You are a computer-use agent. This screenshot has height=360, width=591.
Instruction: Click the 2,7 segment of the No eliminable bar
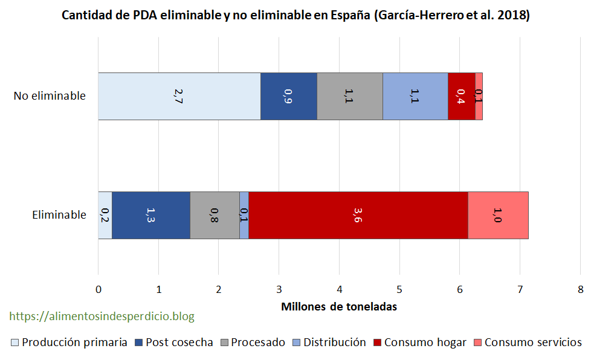click(x=179, y=96)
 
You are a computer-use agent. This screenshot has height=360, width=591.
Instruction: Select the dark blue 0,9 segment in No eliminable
click(x=288, y=96)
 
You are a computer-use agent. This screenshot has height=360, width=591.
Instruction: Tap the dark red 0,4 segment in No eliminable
click(x=461, y=96)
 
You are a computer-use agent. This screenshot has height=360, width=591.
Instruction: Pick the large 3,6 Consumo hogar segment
click(x=358, y=215)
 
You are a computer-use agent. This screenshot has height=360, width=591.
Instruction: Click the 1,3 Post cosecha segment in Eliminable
click(x=150, y=215)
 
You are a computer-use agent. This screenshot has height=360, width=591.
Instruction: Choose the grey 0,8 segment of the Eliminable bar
click(x=215, y=215)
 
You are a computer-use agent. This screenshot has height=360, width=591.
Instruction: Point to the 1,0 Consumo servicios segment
click(x=498, y=215)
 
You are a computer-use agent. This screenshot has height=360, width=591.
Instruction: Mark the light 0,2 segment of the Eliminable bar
click(x=105, y=215)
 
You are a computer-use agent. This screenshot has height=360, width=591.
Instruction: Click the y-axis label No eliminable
click(x=50, y=96)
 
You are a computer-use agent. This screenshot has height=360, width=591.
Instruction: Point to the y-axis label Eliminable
click(x=59, y=215)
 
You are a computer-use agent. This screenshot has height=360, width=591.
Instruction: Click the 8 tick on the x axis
click(x=580, y=289)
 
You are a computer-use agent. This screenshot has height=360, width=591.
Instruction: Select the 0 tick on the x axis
click(x=98, y=289)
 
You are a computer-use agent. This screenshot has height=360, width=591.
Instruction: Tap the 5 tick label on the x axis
click(x=399, y=289)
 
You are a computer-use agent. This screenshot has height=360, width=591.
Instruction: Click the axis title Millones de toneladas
click(x=339, y=306)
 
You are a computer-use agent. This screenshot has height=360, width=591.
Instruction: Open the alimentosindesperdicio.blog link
click(x=102, y=316)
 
